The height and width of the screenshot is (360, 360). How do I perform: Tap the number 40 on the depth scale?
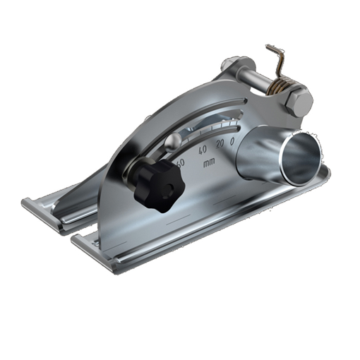pos(203,150)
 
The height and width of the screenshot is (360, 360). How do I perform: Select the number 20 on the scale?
pos(220,144)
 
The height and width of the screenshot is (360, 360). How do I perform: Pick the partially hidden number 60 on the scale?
pos(181,162)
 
